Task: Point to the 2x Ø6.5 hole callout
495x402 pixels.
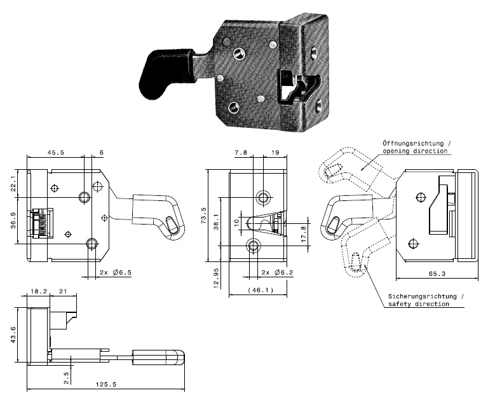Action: tap(114, 272)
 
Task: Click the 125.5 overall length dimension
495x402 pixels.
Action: tap(104, 385)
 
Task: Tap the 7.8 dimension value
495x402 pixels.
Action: tap(240, 153)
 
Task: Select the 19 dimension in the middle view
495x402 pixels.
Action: tap(275, 153)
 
